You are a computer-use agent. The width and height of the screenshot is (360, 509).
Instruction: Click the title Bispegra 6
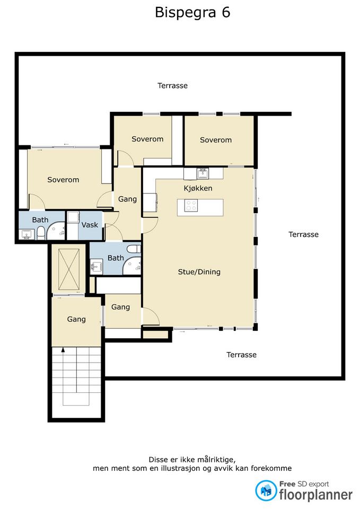coord(192,13)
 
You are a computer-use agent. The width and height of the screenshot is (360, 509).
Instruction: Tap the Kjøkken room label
coord(198,188)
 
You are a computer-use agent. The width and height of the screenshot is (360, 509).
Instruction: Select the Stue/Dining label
coord(199,271)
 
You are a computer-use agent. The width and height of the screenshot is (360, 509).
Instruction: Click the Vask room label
coord(90,225)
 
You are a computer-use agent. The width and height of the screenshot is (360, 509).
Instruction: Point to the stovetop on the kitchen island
coord(191,206)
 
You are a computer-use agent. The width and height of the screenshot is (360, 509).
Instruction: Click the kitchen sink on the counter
coord(203,173)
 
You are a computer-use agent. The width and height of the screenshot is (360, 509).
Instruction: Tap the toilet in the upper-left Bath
coord(41,233)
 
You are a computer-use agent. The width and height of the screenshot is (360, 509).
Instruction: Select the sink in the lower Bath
coord(96,267)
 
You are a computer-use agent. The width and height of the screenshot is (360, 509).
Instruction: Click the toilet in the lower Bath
coord(134,249)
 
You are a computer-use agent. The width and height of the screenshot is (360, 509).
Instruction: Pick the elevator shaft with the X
coord(69,269)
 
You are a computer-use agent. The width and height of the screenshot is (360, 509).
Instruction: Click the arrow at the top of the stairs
coord(63,349)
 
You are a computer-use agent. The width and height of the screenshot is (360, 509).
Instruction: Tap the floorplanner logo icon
coord(266,490)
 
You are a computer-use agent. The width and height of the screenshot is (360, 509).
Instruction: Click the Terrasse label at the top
coord(172,86)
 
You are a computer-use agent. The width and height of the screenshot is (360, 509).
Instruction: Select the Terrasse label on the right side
coord(303,234)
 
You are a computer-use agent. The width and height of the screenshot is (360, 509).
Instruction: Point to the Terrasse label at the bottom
coord(242,355)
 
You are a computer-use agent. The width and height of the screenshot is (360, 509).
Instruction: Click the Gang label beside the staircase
coord(76,319)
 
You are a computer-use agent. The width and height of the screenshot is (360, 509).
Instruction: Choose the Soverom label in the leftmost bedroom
coord(63,180)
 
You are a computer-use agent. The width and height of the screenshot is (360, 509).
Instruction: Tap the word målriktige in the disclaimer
coord(212,460)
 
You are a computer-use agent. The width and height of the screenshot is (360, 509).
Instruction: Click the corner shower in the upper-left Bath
coord(56,231)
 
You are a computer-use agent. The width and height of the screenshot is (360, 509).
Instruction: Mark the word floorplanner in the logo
coord(316,495)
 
